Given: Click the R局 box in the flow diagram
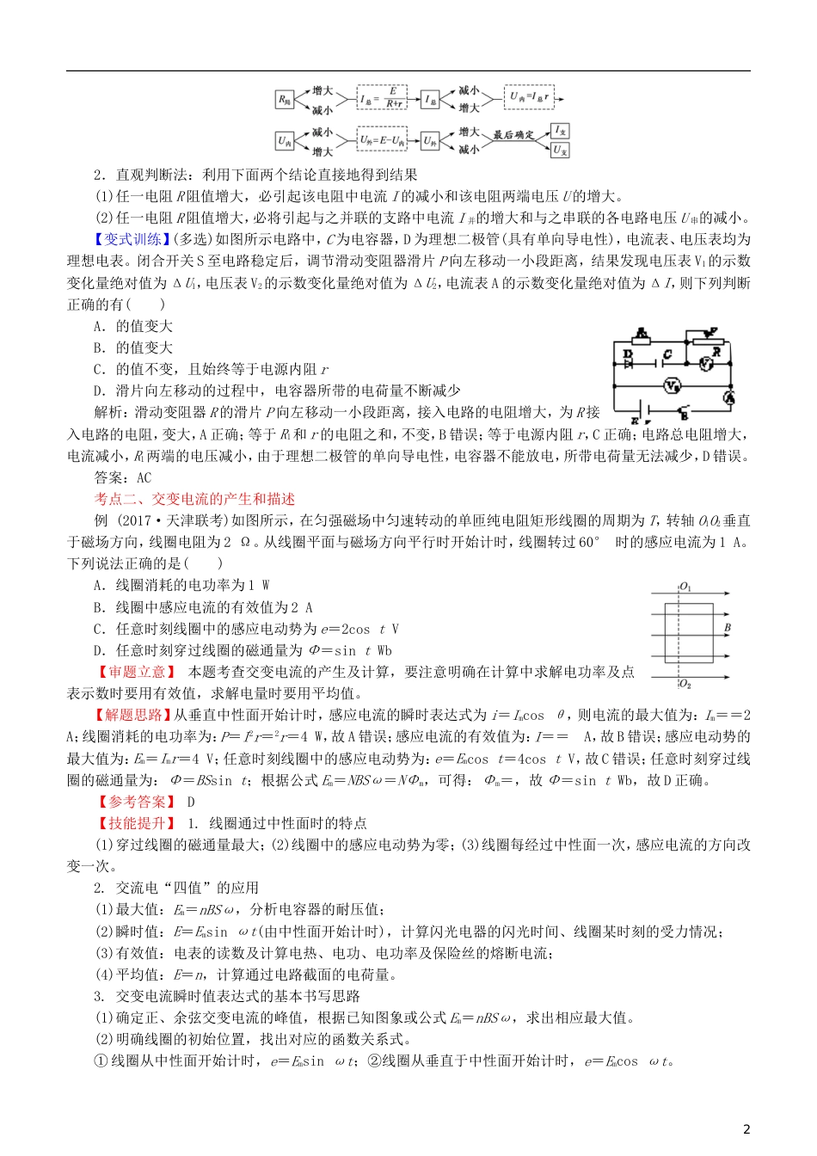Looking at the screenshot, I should point(285,100).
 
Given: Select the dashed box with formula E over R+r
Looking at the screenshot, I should point(383,99).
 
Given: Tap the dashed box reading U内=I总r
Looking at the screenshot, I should point(529,97).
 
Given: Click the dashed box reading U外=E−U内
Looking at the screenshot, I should point(383,140).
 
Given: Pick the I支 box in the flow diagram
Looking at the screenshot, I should point(560,131).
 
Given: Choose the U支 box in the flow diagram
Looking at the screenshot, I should point(560,150).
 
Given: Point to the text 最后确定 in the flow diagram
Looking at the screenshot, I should point(513,135).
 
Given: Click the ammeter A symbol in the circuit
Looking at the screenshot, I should point(728,397).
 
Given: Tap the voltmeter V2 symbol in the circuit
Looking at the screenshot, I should point(672,384).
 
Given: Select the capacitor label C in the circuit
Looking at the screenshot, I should point(667,354).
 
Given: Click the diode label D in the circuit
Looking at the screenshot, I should point(627,354).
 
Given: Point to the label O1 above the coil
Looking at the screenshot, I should point(685,587).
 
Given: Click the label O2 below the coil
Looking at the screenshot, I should point(685,685).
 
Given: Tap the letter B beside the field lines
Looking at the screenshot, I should point(728,628).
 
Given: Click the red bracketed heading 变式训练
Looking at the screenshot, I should point(133,240).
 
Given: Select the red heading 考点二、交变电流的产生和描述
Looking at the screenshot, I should point(194,500).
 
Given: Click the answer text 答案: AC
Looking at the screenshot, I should point(122,478).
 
